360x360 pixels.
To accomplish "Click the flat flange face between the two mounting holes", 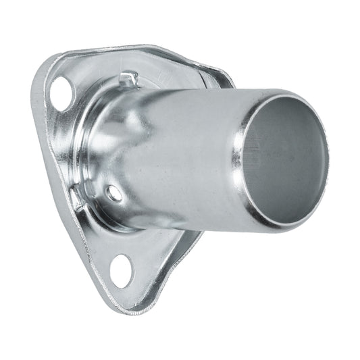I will [x=68, y=176].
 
